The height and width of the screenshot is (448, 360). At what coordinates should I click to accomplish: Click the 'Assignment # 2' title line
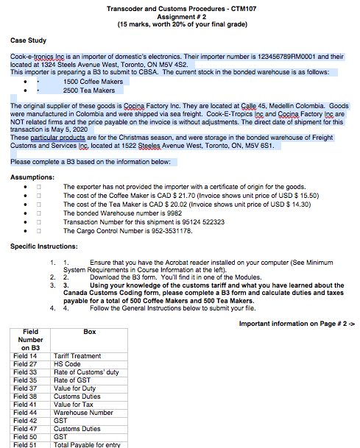[180, 16]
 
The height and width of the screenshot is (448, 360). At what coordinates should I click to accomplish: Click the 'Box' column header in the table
[90, 332]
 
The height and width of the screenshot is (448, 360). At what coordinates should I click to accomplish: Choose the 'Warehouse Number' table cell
[82, 412]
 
